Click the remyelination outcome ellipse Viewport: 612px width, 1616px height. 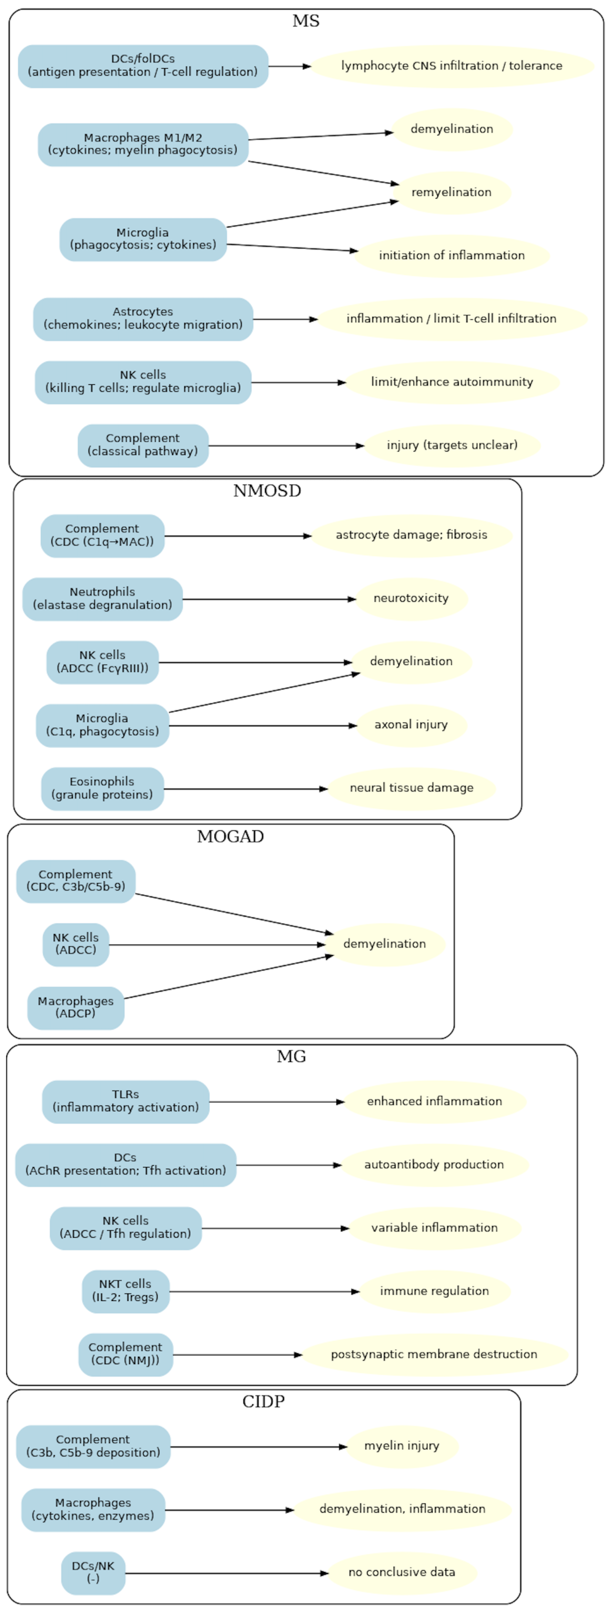point(451,192)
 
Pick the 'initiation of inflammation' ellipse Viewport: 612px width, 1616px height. point(451,255)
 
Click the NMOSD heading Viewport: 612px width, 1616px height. point(267,490)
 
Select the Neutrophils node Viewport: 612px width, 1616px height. point(102,599)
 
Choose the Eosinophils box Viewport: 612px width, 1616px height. point(102,788)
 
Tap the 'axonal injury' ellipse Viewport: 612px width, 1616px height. point(411,725)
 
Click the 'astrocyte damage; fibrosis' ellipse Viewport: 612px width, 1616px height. point(411,535)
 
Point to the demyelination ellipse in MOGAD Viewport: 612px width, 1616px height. point(384,944)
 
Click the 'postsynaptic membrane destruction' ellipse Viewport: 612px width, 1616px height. point(434,1354)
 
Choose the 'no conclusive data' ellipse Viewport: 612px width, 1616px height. point(402,1572)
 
